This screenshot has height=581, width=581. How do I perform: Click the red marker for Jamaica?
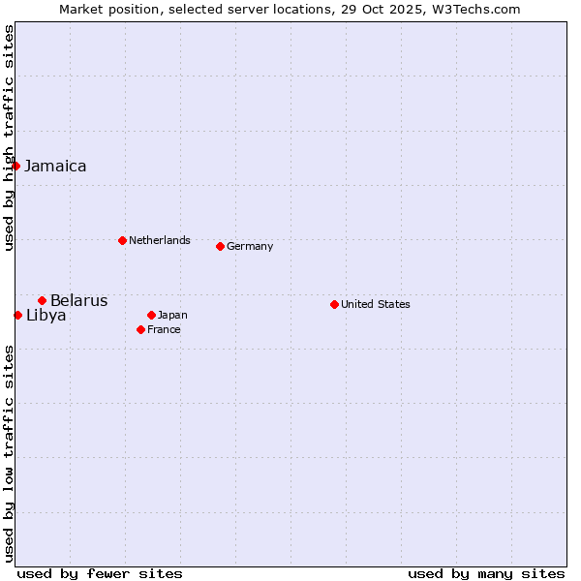tap(16, 166)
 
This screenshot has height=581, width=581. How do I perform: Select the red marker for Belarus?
tap(42, 300)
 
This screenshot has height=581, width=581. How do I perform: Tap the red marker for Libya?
tap(18, 315)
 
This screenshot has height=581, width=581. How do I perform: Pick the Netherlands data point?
tap(122, 240)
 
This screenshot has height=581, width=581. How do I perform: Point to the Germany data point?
tap(220, 246)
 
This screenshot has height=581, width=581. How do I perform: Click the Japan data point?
tap(151, 315)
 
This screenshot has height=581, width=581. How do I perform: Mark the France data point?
tap(140, 329)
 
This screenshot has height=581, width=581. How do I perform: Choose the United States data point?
tap(334, 304)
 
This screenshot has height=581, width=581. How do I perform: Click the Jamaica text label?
tap(55, 166)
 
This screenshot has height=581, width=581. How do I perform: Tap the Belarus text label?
tap(78, 300)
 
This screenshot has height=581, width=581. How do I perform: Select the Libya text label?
tap(46, 315)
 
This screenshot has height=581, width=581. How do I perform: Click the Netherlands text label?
tap(159, 240)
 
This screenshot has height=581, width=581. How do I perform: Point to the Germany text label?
tap(250, 246)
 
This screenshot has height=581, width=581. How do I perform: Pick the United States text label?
tap(375, 304)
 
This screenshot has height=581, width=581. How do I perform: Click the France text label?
tap(164, 329)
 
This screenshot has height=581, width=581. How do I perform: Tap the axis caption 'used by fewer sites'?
tap(100, 573)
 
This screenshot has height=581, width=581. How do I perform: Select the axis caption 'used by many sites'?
tap(486, 573)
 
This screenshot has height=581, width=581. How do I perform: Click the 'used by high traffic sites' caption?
tap(9, 138)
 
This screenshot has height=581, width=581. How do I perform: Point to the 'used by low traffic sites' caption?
tap(9, 453)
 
